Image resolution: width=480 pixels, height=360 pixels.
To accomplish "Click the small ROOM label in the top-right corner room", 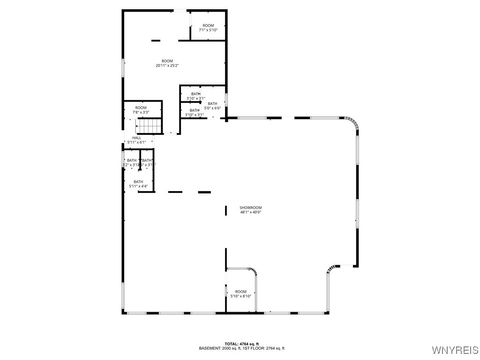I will tap(208, 25).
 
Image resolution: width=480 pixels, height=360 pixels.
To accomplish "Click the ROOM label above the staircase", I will tap(140, 108).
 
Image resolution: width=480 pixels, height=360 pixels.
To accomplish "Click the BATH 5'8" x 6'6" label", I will tap(212, 104).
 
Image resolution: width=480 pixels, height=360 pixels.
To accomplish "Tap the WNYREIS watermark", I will tap(456, 351).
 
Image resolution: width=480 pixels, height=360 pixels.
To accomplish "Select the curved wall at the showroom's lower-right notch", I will tap(331, 272).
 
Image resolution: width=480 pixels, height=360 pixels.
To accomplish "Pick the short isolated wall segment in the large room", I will tap(156, 39).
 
